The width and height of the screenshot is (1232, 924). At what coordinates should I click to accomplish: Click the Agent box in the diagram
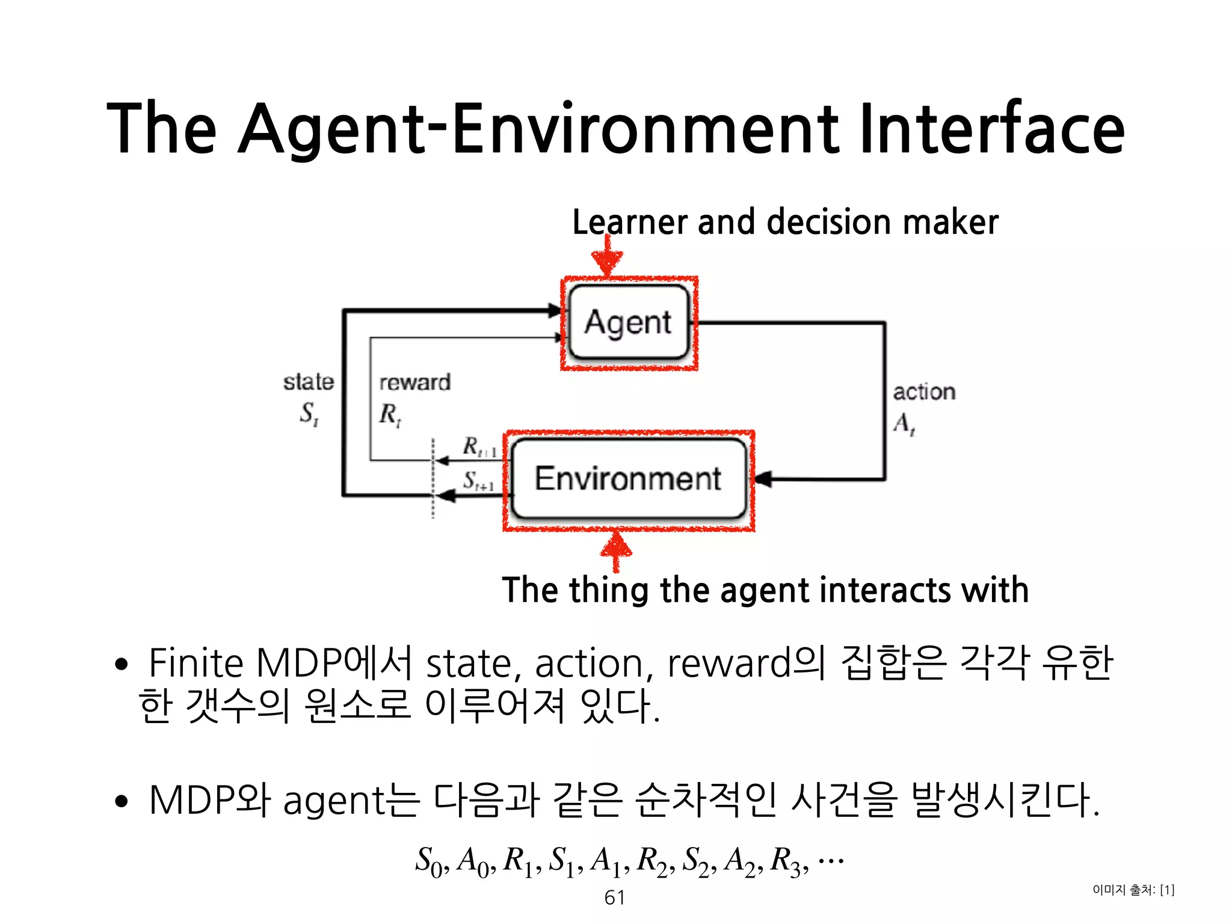(628, 322)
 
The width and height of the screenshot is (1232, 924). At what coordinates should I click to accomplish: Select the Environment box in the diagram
(628, 479)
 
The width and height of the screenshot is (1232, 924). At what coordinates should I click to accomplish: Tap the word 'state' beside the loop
(309, 382)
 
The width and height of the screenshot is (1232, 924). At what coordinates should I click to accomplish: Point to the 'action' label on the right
(924, 392)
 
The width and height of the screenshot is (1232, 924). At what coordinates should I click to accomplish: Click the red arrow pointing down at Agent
(608, 256)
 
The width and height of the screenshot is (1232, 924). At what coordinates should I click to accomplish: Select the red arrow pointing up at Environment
(616, 550)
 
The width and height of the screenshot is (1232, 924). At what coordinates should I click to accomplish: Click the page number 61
(615, 898)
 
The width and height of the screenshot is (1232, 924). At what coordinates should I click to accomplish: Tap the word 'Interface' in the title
(991, 129)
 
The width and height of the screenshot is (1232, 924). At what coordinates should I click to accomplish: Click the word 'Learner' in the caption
(629, 223)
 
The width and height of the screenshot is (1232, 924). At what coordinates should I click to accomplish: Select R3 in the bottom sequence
(787, 861)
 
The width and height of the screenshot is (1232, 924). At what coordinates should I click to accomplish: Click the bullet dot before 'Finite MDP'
(122, 664)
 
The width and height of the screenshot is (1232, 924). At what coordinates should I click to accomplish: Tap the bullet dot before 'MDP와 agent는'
(122, 801)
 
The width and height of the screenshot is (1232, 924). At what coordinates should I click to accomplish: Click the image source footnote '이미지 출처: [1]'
(1133, 890)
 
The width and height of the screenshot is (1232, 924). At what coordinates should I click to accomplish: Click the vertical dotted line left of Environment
(433, 478)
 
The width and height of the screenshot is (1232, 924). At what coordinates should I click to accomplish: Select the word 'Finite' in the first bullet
(196, 663)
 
